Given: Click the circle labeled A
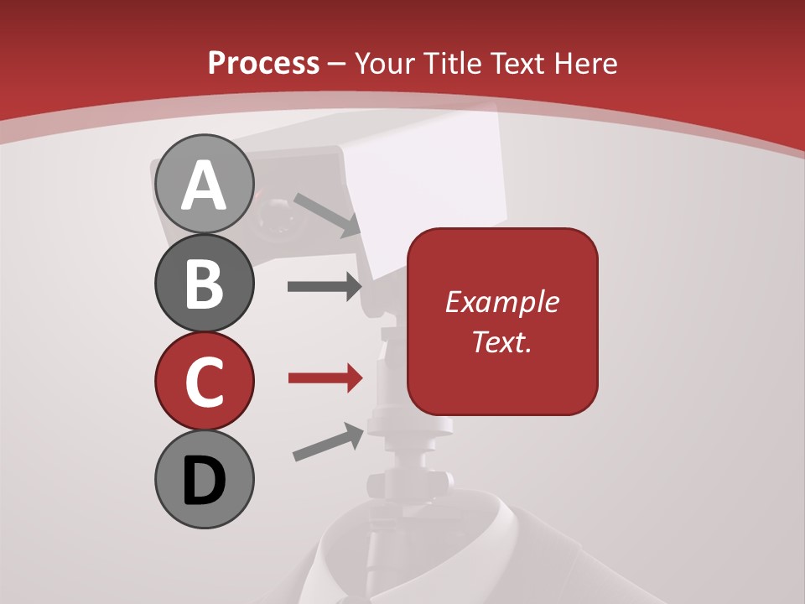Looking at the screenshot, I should (x=204, y=185).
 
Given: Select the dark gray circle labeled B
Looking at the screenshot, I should (x=204, y=284).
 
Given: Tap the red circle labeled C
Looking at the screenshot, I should (x=204, y=381).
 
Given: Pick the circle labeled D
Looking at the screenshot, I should (x=204, y=479).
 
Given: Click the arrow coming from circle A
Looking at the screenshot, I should (x=327, y=215).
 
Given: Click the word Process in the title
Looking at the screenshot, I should (x=263, y=63).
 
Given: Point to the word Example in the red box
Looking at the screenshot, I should (x=501, y=302).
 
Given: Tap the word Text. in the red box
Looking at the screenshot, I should (x=501, y=341).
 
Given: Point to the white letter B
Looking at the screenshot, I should (x=204, y=284).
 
